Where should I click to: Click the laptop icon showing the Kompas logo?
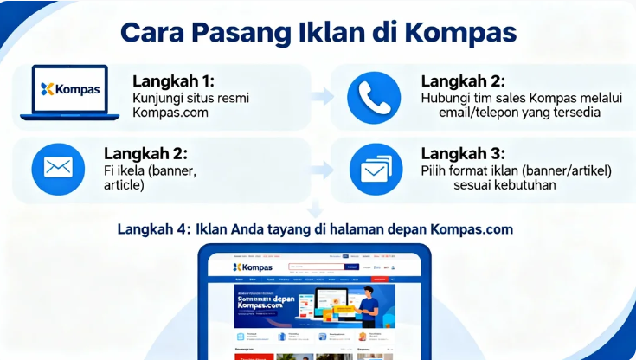[x=70, y=91]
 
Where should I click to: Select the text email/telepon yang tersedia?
[x=510, y=113]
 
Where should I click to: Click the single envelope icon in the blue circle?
[x=58, y=168]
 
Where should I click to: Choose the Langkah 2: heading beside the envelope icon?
[x=146, y=152]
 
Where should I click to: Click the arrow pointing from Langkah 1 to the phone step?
[x=322, y=95]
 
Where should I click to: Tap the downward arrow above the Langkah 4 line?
[x=316, y=209]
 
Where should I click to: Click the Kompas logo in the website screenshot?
[x=253, y=267]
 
